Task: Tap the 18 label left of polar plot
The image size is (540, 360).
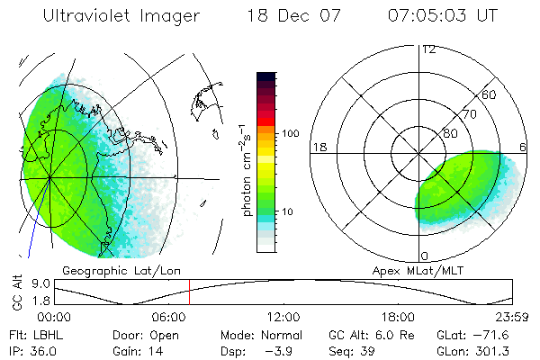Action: pos(319,147)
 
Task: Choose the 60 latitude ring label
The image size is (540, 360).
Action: pos(490,94)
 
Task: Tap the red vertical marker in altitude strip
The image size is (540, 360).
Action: pos(189,292)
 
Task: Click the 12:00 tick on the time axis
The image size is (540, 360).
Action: pos(283,317)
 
